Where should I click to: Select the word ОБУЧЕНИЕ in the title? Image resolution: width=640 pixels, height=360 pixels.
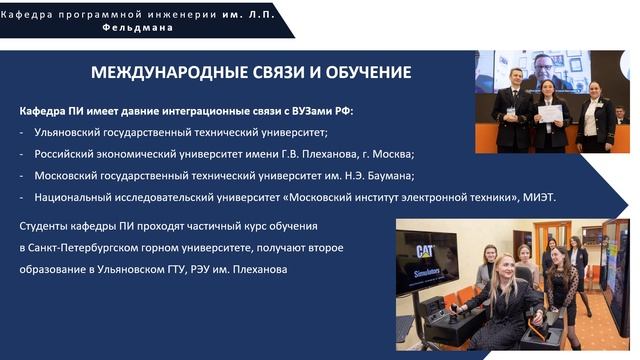tap(363, 73)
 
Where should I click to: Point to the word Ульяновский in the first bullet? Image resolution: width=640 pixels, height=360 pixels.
tap(71, 132)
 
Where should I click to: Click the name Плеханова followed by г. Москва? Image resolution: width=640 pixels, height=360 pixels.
tap(337, 154)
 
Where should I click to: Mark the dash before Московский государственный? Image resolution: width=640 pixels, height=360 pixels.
tap(22, 175)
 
